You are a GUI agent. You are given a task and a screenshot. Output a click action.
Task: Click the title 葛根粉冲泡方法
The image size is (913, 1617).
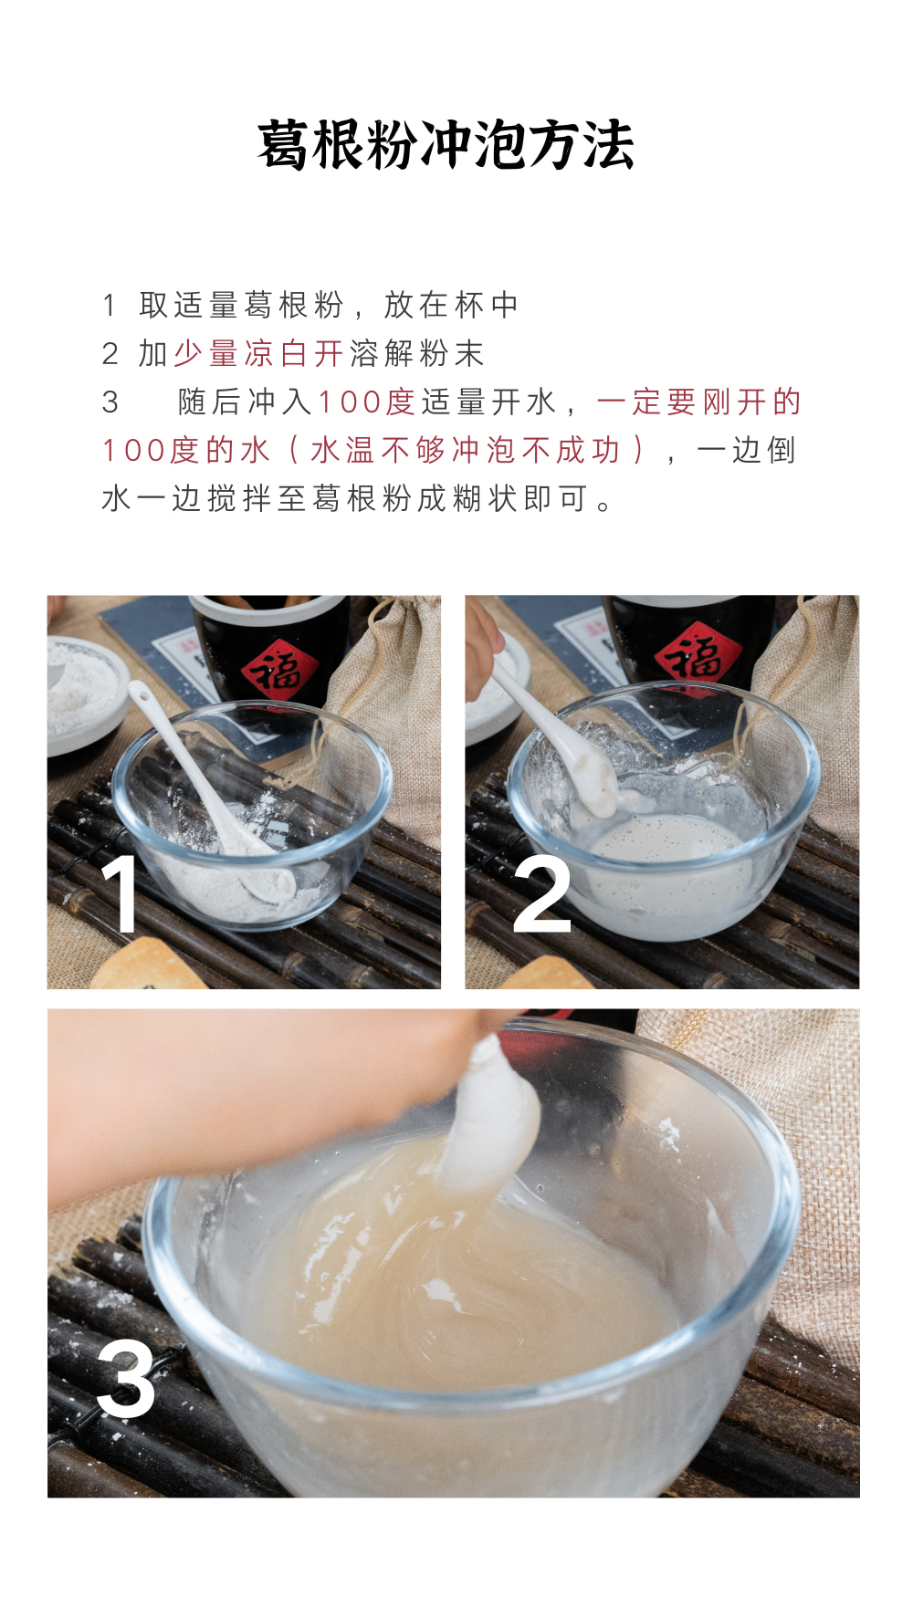tap(446, 144)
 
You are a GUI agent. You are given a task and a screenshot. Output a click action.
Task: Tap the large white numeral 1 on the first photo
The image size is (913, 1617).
tap(120, 893)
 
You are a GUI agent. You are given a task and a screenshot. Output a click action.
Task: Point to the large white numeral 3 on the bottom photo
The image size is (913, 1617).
tap(126, 1379)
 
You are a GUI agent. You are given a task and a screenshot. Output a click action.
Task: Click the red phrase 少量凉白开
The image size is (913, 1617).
tap(258, 354)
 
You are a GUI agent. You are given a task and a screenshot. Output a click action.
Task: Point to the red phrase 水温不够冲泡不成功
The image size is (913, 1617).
tap(466, 451)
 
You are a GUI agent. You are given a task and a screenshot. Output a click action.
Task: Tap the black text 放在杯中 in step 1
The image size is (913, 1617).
tap(452, 306)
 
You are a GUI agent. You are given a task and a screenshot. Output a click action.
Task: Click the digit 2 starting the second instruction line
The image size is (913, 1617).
tap(110, 354)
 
